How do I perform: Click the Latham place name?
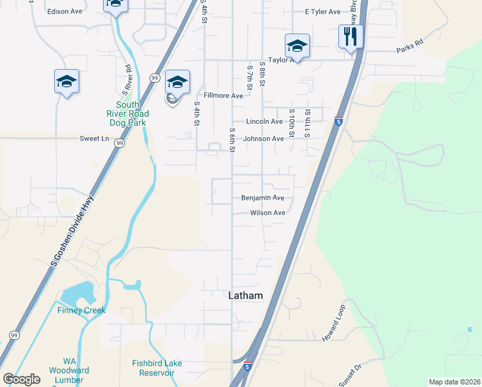click(246, 295)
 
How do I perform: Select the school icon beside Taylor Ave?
click(297, 45)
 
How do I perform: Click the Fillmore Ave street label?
click(223, 95)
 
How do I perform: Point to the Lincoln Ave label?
click(264, 121)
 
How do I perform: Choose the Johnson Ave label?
click(263, 139)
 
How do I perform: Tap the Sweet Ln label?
click(94, 139)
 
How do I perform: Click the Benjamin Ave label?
click(263, 198)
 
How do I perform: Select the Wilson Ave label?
click(267, 213)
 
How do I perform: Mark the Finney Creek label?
click(81, 310)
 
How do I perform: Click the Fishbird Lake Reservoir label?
click(153, 368)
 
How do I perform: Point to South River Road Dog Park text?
click(131, 114)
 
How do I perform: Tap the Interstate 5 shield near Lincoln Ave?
click(338, 121)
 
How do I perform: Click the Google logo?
click(21, 379)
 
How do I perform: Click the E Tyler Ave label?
click(322, 12)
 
